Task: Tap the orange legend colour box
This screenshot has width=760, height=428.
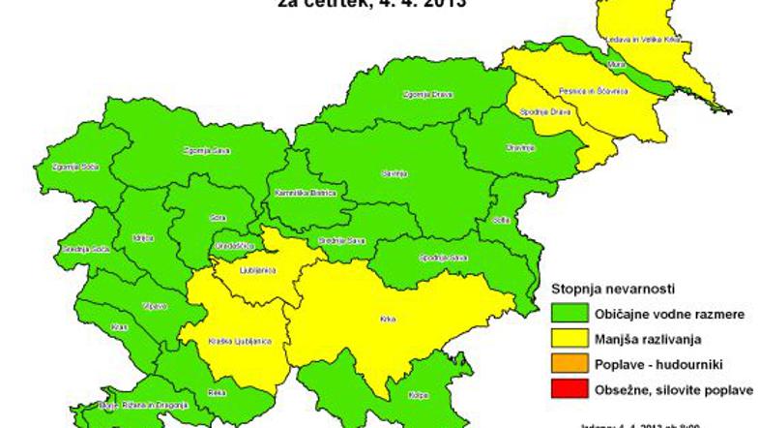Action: coord(570,363)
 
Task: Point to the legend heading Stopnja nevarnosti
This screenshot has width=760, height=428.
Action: coord(612,289)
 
